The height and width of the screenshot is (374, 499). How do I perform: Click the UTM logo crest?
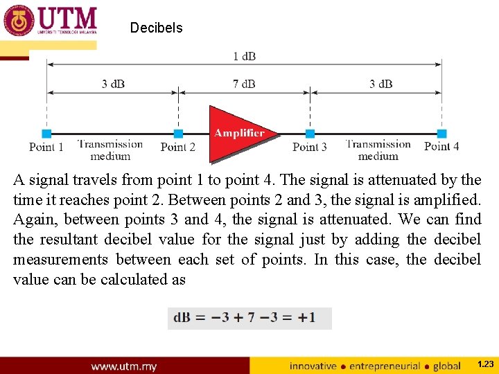pyautogui.click(x=19, y=21)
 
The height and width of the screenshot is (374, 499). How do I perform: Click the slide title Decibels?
pyautogui.click(x=156, y=28)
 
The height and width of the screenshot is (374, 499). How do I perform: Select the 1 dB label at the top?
pyautogui.click(x=244, y=56)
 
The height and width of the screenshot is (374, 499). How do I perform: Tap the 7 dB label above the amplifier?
pyautogui.click(x=244, y=84)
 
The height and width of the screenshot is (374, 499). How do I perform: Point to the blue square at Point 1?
pyautogui.click(x=46, y=134)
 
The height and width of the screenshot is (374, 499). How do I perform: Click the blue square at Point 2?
pyautogui.click(x=178, y=134)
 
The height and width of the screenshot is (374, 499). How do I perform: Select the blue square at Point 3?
pyautogui.click(x=310, y=134)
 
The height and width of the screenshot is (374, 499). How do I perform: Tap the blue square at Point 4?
pyautogui.click(x=441, y=134)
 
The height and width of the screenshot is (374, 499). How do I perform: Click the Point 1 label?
pyautogui.click(x=46, y=147)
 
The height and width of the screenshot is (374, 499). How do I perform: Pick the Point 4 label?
pyautogui.click(x=441, y=146)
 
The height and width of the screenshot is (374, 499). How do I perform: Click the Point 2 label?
pyautogui.click(x=178, y=147)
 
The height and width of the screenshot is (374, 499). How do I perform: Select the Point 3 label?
pyautogui.click(x=310, y=147)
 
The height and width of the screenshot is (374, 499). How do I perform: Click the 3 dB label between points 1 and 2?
pyautogui.click(x=113, y=84)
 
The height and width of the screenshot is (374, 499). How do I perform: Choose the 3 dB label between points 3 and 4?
pyautogui.click(x=380, y=84)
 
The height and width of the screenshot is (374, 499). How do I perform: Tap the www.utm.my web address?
pyautogui.click(x=124, y=366)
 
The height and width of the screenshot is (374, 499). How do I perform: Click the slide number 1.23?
pyautogui.click(x=485, y=364)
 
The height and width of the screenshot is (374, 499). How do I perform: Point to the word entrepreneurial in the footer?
pyautogui.click(x=385, y=366)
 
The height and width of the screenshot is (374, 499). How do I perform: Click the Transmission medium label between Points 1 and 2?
pyautogui.click(x=111, y=150)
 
